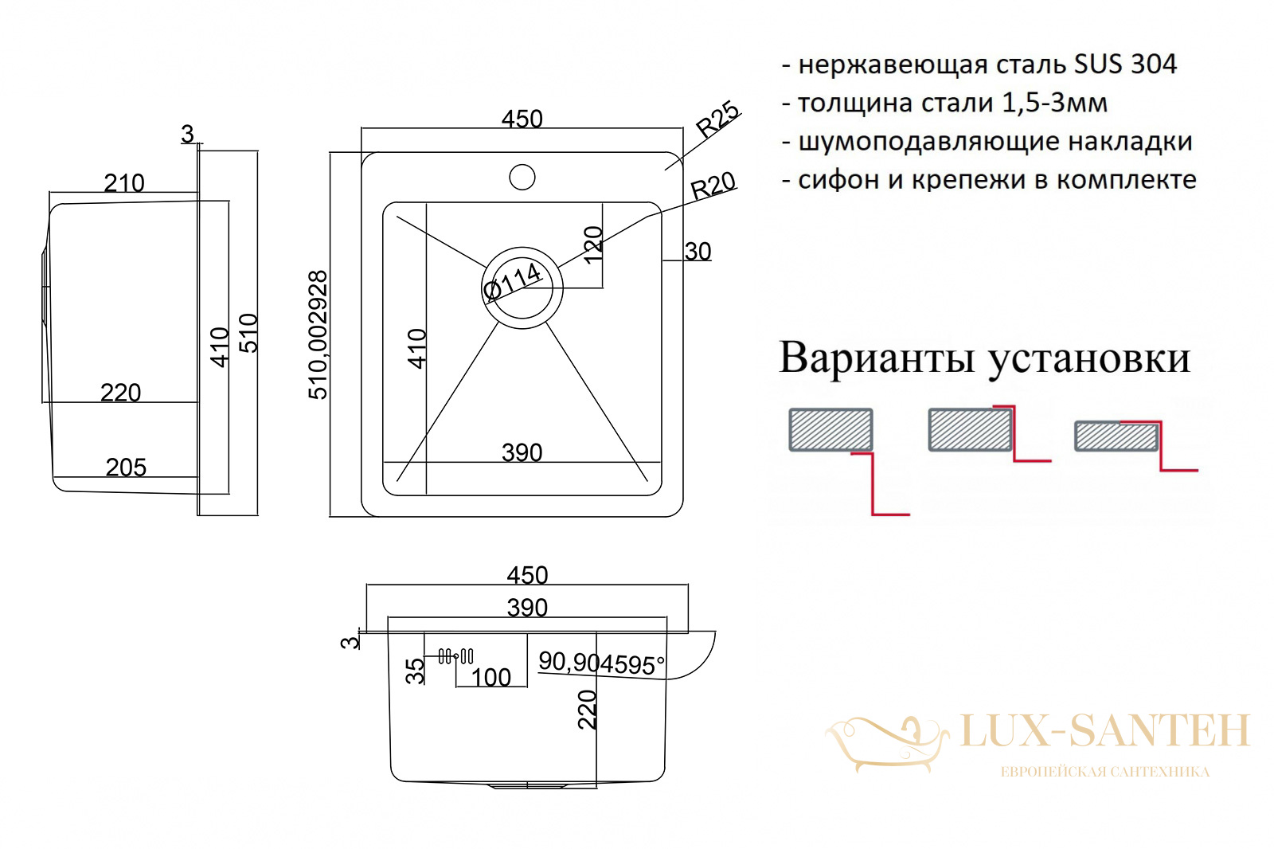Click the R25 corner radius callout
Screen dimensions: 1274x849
(x=718, y=119)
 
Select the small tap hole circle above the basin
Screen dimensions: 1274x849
(x=522, y=176)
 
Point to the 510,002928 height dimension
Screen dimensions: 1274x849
(x=318, y=335)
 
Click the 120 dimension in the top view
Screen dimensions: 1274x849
(x=593, y=245)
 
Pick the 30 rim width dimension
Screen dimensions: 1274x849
(x=698, y=252)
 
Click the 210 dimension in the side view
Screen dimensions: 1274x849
(x=124, y=182)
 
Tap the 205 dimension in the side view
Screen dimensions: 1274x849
(x=127, y=468)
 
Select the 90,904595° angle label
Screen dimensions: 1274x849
(x=601, y=663)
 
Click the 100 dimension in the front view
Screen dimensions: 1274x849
(x=491, y=677)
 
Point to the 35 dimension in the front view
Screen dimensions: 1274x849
(x=415, y=671)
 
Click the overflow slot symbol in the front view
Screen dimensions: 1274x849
(x=456, y=656)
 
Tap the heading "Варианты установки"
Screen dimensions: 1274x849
(x=984, y=358)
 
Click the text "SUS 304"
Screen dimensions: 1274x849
(x=1125, y=64)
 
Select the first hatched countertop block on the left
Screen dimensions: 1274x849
(x=831, y=429)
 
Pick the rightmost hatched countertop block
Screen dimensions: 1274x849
(x=1116, y=436)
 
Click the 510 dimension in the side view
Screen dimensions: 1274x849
(x=248, y=334)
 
